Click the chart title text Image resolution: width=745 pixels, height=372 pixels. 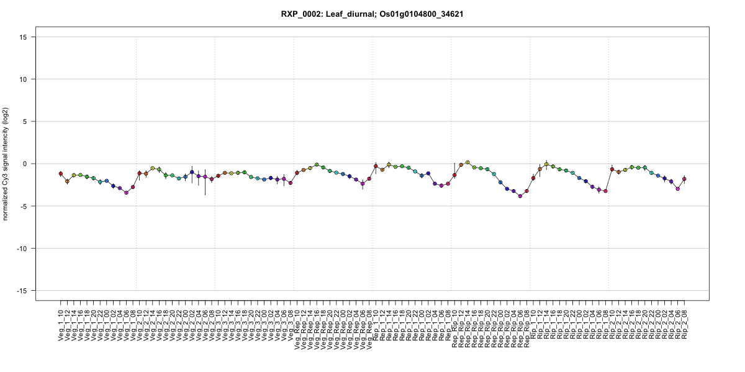372,14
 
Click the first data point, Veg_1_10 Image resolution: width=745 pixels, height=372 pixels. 61,174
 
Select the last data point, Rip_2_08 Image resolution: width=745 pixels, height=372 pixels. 684,179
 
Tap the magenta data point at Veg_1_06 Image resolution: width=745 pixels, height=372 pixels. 126,193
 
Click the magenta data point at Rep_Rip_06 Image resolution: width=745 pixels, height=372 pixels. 520,196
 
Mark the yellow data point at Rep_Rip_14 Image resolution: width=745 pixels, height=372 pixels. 467,162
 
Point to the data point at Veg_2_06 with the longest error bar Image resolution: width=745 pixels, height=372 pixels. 205,177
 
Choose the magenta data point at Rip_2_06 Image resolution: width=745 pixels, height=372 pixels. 678,188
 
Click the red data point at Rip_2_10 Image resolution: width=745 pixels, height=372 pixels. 612,169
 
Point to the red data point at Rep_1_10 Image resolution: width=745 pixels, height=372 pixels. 376,166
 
